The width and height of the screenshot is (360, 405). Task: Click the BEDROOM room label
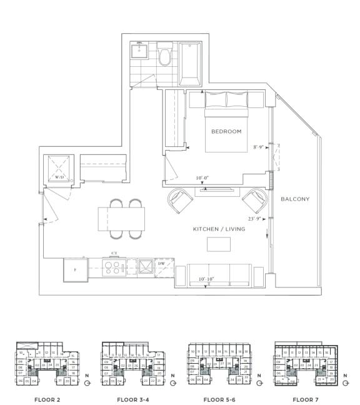coord(226,131)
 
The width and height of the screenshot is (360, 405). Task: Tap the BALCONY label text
coord(295,199)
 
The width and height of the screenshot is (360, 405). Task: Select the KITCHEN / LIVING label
coord(219,229)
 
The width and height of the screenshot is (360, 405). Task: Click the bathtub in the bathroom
coord(190,64)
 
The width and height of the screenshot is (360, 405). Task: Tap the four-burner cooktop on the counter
coord(114,268)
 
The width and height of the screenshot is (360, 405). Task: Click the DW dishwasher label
coord(161,264)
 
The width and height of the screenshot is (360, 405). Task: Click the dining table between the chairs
coord(121,219)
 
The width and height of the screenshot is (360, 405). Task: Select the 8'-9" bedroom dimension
coord(258,147)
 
